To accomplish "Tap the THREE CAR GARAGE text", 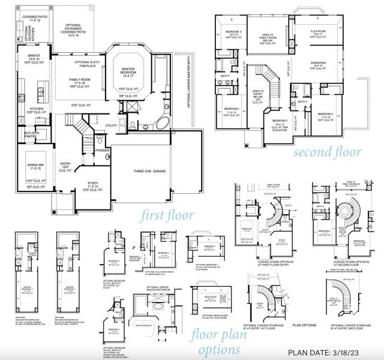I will click(x=149, y=172).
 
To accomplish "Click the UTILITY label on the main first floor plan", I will click(x=110, y=125).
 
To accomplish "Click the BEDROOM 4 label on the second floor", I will click(x=326, y=115).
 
